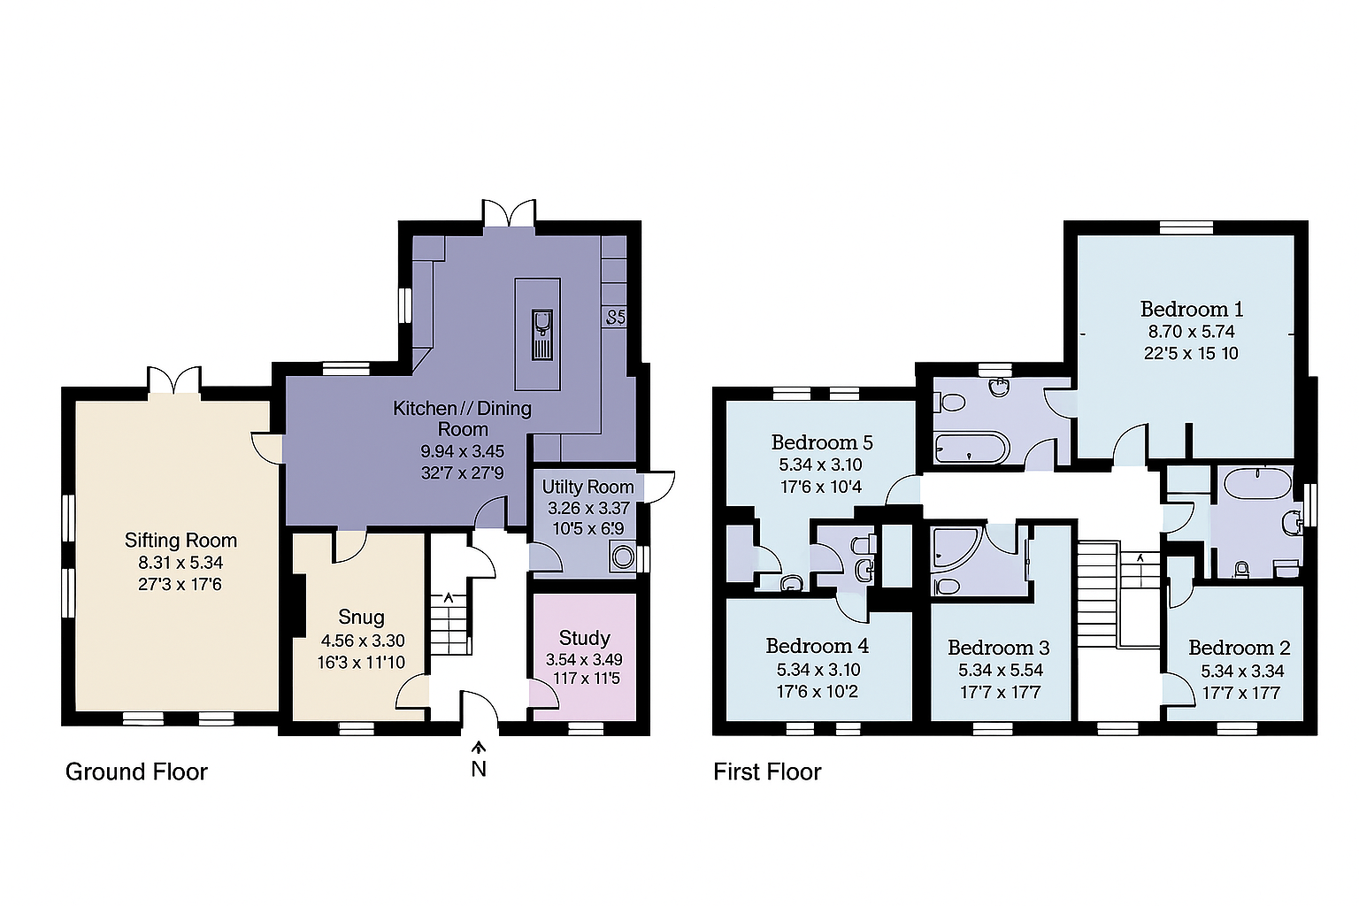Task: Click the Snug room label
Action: click(x=361, y=617)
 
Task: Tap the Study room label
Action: click(x=584, y=638)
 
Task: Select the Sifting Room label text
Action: click(x=180, y=540)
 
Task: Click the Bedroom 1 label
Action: click(x=1191, y=309)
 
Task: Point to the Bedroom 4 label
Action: click(x=817, y=646)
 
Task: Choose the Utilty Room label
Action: click(x=587, y=487)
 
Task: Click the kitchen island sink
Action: click(x=542, y=334)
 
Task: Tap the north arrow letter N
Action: click(x=479, y=769)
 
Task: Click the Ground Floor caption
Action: click(x=136, y=772)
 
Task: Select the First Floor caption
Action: click(x=767, y=772)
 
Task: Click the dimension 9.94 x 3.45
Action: click(x=462, y=451)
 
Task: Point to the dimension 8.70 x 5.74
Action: click(x=1191, y=332)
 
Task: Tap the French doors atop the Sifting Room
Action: click(x=174, y=381)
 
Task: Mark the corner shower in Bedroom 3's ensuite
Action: click(x=953, y=549)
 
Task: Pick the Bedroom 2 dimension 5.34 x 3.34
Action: click(x=1242, y=671)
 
